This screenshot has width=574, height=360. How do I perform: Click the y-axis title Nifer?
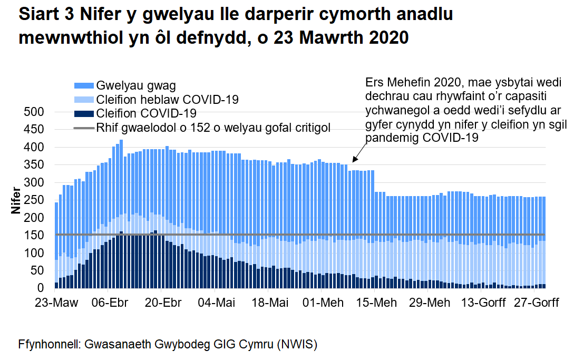(16, 200)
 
